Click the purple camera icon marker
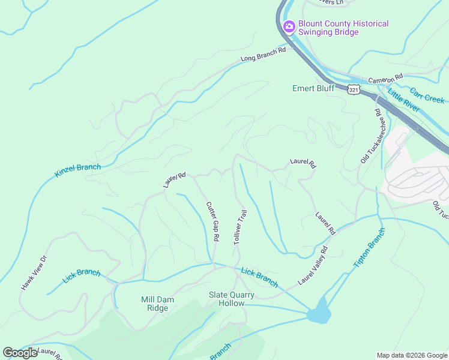[289, 26]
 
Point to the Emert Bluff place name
[313, 88]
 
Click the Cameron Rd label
[385, 79]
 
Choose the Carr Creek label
[427, 96]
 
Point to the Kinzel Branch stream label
[77, 170]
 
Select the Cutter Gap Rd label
[212, 221]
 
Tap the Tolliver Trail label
[240, 226]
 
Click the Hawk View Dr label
[34, 274]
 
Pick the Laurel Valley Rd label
[313, 266]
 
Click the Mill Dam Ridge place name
[154, 304]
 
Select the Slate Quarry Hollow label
[231, 299]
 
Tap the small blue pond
[319, 314]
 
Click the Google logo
[20, 353]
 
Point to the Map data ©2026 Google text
[412, 355]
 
